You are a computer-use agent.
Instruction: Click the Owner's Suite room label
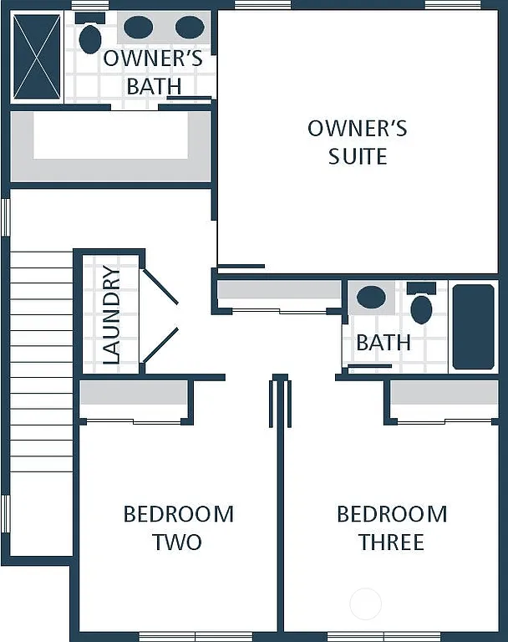357,142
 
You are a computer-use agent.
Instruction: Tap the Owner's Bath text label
153,72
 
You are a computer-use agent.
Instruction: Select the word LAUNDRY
111,314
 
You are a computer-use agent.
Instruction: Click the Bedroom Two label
178,527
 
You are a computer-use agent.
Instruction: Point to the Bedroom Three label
391,527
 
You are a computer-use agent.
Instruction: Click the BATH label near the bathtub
384,342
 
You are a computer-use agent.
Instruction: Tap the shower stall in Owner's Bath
37,56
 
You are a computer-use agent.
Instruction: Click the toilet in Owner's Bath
89,38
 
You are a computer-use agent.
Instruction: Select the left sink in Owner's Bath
138,28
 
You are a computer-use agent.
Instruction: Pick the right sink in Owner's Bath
190,28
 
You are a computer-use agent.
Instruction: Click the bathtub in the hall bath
473,326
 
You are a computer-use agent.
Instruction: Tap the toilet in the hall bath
421,306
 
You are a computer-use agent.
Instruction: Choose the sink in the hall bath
371,297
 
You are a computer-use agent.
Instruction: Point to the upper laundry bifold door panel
160,286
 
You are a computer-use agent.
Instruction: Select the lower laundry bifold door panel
160,345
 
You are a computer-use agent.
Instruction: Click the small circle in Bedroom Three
365,604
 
